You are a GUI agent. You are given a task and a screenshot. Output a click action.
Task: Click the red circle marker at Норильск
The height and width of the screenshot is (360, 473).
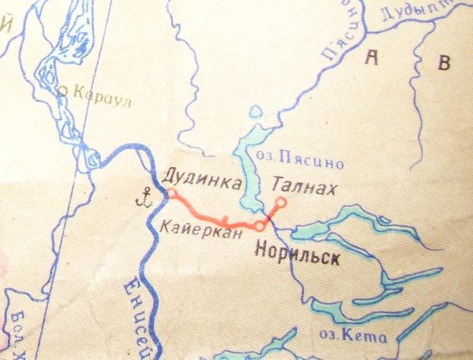[260, 226]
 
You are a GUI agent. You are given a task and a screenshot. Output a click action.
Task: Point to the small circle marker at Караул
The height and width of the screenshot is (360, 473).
[62, 90]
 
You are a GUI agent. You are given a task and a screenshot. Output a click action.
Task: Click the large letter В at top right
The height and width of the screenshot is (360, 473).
[444, 63]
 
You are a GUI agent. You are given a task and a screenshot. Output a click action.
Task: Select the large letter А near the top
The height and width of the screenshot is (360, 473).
[369, 59]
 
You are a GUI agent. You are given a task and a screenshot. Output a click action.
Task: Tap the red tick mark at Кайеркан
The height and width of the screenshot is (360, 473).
[225, 219]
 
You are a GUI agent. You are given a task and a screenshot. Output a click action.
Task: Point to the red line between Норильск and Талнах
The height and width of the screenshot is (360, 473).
[271, 214]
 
